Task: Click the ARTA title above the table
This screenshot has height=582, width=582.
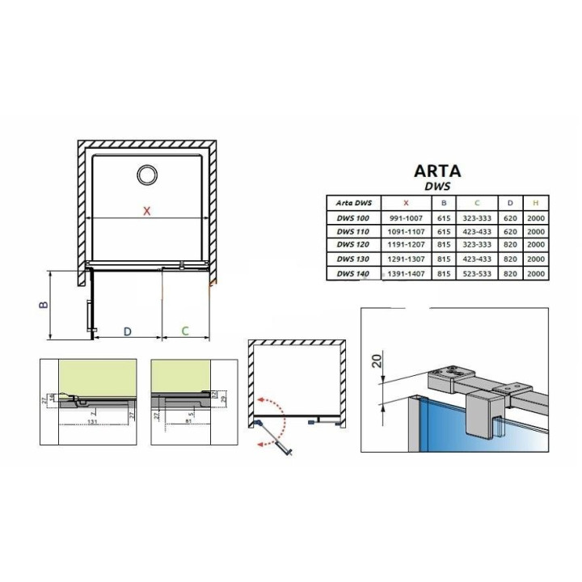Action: [437, 171]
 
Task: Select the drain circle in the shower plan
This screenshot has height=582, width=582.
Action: [148, 175]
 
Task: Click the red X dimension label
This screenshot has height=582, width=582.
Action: [146, 212]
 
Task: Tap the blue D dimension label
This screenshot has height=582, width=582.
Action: [127, 331]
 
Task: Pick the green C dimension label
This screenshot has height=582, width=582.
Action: [185, 331]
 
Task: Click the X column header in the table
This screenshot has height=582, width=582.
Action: [405, 202]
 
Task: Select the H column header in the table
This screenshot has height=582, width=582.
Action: [535, 202]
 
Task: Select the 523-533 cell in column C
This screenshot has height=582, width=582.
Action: [478, 275]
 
